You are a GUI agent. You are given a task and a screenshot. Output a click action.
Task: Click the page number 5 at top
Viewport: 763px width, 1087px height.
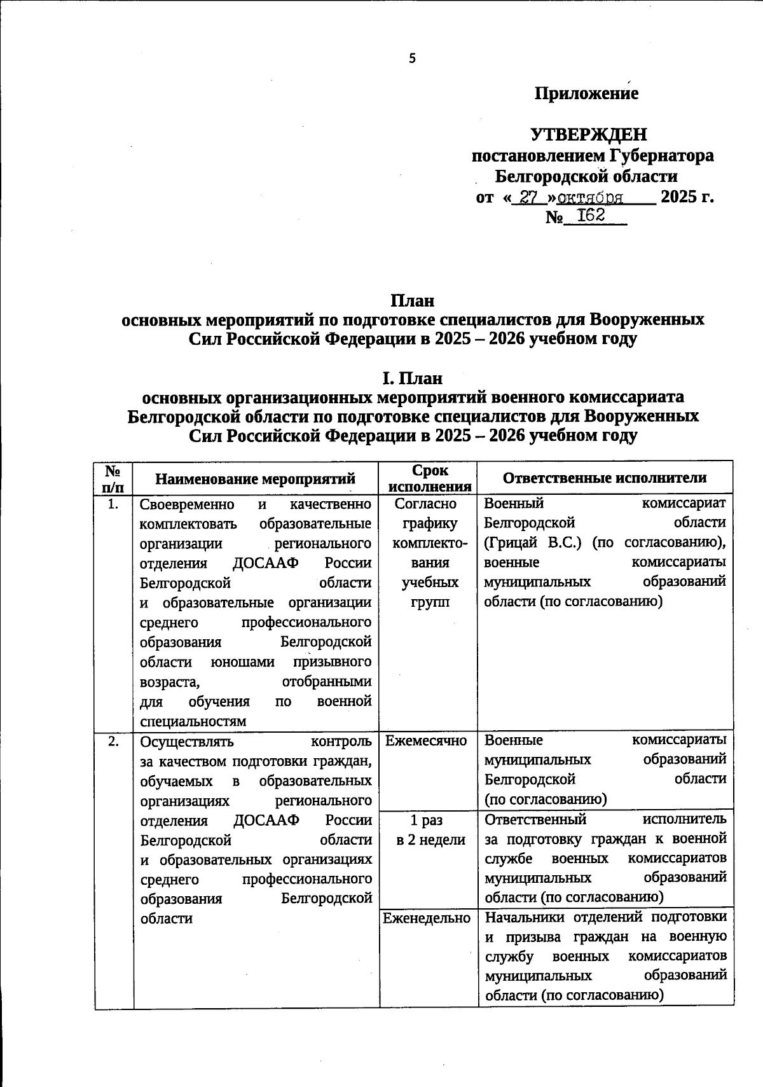pos(412,59)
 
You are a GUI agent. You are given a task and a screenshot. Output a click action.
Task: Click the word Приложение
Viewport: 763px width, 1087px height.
pos(586,93)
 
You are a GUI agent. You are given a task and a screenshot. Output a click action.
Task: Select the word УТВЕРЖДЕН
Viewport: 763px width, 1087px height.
pos(589,134)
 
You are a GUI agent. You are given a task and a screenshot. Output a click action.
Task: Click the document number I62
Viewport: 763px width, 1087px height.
pos(591,216)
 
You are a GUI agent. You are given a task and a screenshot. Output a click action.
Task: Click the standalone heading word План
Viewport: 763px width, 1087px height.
pos(412,300)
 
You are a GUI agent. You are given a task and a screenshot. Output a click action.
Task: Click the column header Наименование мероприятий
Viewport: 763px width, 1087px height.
pos(256,478)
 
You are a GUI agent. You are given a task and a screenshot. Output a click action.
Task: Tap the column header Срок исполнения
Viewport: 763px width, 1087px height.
pos(429,478)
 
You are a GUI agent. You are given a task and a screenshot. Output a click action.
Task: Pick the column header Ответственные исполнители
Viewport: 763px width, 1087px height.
pos(605,478)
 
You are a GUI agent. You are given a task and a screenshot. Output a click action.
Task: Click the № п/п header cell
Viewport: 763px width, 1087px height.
pos(113,478)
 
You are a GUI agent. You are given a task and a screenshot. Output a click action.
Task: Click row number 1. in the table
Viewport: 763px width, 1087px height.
pos(113,505)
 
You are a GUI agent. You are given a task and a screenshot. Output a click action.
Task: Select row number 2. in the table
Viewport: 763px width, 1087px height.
pos(113,742)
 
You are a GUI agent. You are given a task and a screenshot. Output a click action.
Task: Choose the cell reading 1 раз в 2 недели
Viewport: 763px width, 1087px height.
pos(430,829)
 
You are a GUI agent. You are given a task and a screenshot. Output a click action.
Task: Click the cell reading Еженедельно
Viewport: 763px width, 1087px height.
pos(427,918)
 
